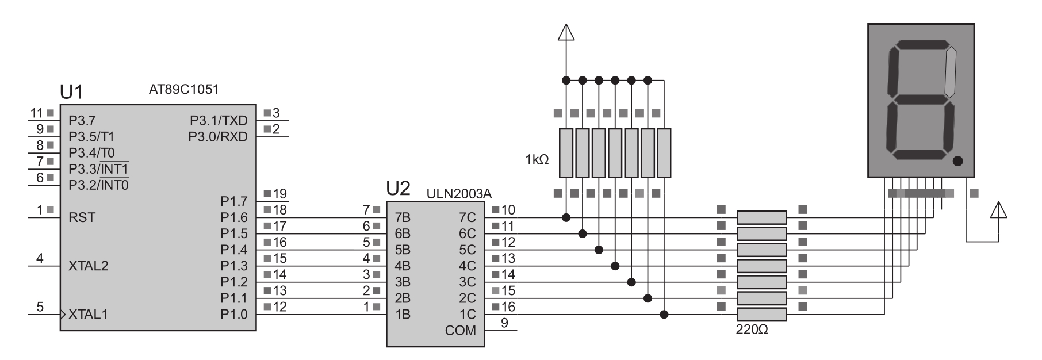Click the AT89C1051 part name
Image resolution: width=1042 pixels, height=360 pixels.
pos(183,90)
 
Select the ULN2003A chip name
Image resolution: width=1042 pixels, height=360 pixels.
pos(459,194)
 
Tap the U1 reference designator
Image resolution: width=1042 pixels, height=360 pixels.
pos(72,92)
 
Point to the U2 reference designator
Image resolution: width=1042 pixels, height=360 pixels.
pos(399,188)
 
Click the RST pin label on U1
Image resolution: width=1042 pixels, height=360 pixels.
pos(82,217)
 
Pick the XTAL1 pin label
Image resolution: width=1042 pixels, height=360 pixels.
pos(88,315)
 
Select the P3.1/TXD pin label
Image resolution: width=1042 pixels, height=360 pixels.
pos(219,121)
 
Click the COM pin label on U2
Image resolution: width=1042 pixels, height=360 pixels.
pos(460,331)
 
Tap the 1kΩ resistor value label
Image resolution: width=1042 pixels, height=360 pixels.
pos(537,159)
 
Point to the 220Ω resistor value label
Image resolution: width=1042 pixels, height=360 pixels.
pos(752,330)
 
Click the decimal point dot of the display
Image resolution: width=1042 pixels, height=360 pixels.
pos(957,162)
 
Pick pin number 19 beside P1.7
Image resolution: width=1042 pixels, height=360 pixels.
pos(279,194)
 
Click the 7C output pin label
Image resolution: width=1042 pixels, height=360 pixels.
pos(467,218)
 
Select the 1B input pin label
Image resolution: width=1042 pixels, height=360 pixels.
pos(403,315)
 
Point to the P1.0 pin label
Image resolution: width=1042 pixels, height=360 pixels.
pos(233,315)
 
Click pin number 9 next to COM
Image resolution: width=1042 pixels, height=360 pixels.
pos(504,323)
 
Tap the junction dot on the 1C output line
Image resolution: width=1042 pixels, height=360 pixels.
pos(664,314)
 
